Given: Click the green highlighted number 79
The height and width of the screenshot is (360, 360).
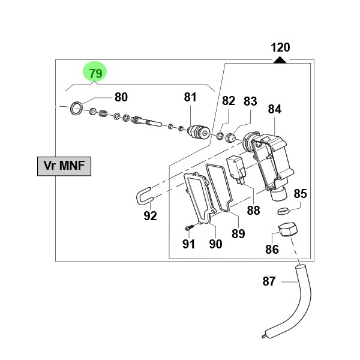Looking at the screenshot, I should (x=95, y=73).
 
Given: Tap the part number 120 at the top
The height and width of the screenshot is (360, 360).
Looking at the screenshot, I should (x=280, y=47).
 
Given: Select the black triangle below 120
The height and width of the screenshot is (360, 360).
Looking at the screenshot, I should (x=280, y=59).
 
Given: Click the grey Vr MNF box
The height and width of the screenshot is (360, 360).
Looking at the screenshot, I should (x=64, y=166).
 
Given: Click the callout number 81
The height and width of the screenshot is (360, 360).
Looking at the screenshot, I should (x=190, y=97).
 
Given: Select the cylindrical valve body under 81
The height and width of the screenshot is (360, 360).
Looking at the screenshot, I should (x=197, y=131).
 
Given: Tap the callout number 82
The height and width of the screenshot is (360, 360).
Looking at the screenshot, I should (x=229, y=101).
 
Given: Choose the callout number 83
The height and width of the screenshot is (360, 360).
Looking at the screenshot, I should (x=250, y=101).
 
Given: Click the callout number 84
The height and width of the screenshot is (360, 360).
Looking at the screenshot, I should (x=274, y=109).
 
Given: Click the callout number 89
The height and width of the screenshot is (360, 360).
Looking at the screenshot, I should (x=238, y=233).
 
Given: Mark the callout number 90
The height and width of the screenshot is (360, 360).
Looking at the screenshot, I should (x=215, y=244).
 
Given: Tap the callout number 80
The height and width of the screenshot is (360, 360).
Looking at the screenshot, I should (x=121, y=97).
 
